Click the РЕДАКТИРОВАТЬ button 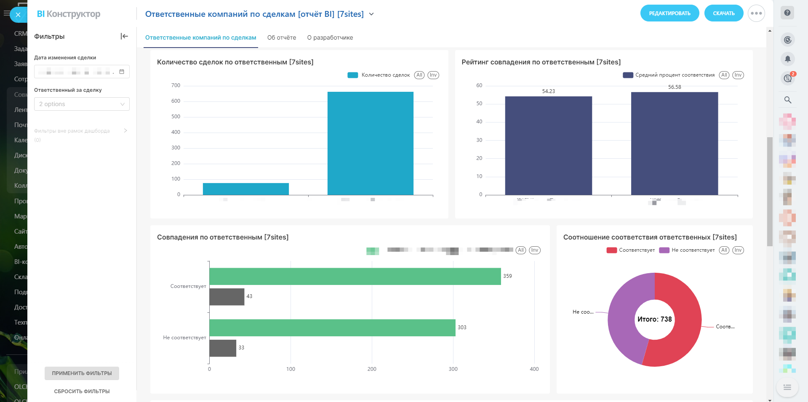(x=669, y=13)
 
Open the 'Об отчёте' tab (x=281, y=37)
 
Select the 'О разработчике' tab (x=330, y=37)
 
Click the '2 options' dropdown (x=82, y=104)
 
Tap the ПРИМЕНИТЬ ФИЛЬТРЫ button (x=82, y=373)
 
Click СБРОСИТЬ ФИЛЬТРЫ (x=82, y=391)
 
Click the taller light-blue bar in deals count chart (x=370, y=143)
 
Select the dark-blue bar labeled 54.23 (x=548, y=145)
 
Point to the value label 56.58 (x=674, y=87)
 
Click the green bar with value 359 (x=355, y=276)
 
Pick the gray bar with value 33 (x=223, y=348)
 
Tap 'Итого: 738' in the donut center (x=654, y=319)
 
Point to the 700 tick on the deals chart (x=176, y=85)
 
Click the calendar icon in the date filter (x=122, y=72)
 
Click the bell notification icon (x=787, y=59)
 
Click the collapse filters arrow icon (x=124, y=36)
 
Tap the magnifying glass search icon (x=787, y=100)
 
